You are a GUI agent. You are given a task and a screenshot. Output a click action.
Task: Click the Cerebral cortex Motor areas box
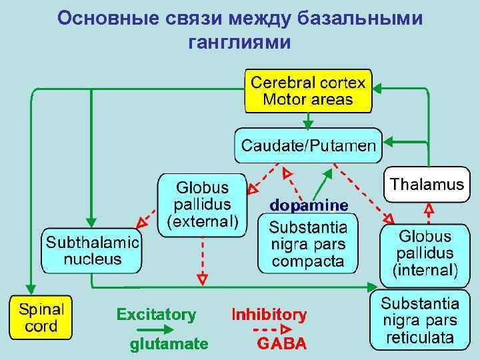308,91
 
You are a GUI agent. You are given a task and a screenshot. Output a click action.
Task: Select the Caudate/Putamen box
308,145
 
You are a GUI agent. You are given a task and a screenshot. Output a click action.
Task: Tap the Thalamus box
427,185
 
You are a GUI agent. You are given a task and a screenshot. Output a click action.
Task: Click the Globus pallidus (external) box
202,204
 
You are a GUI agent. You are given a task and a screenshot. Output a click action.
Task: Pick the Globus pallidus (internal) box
425,254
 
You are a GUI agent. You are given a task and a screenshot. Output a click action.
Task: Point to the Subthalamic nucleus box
92,251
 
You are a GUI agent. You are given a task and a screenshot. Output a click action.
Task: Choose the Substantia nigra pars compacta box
307,243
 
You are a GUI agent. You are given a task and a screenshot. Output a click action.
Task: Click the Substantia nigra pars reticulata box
419,321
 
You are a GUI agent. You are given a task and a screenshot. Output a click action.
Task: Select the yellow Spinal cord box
41,318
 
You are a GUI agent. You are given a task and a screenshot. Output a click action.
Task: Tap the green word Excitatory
156,315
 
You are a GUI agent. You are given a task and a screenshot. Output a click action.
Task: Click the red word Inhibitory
269,315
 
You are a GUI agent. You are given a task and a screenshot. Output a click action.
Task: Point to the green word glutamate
169,344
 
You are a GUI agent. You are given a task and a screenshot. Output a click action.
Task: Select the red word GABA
281,344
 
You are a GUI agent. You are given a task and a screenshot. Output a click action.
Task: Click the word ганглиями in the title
239,43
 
